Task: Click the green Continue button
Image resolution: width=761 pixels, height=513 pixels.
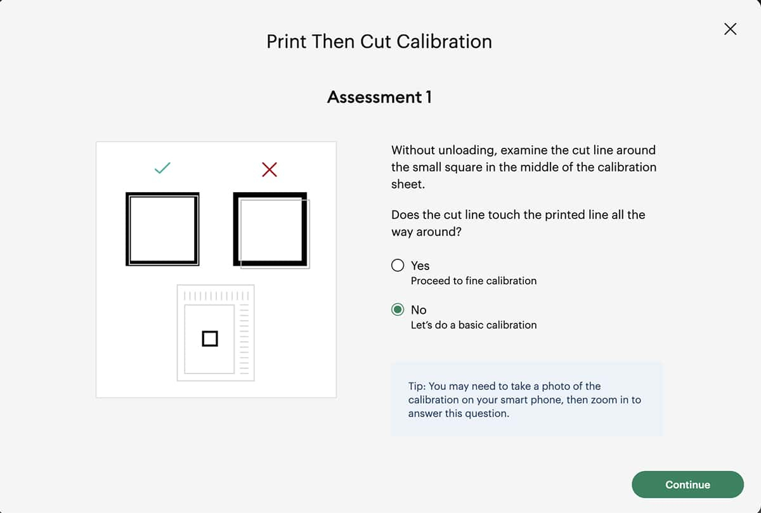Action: (x=687, y=484)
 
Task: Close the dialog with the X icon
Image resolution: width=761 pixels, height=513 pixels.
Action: (x=730, y=29)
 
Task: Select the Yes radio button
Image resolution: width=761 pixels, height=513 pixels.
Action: (x=398, y=266)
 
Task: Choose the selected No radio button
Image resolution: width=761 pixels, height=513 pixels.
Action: (x=398, y=310)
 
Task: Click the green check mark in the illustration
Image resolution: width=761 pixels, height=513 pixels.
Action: (x=163, y=168)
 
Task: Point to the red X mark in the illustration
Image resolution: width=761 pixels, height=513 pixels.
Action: (x=270, y=169)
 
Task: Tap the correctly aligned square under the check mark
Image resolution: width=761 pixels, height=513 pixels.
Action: (x=162, y=229)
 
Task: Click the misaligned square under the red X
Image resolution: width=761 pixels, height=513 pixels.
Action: (x=271, y=230)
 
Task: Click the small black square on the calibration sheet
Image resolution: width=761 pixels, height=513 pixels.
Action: (x=210, y=339)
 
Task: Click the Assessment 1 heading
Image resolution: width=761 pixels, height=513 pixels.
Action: (x=379, y=97)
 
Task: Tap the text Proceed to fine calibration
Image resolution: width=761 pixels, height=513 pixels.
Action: (x=473, y=281)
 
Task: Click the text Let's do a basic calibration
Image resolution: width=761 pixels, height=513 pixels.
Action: (x=473, y=325)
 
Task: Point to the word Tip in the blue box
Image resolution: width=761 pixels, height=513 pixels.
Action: (x=417, y=386)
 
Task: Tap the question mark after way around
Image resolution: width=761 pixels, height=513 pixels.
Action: (x=459, y=232)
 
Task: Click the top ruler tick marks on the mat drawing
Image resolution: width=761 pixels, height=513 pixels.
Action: (x=216, y=295)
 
